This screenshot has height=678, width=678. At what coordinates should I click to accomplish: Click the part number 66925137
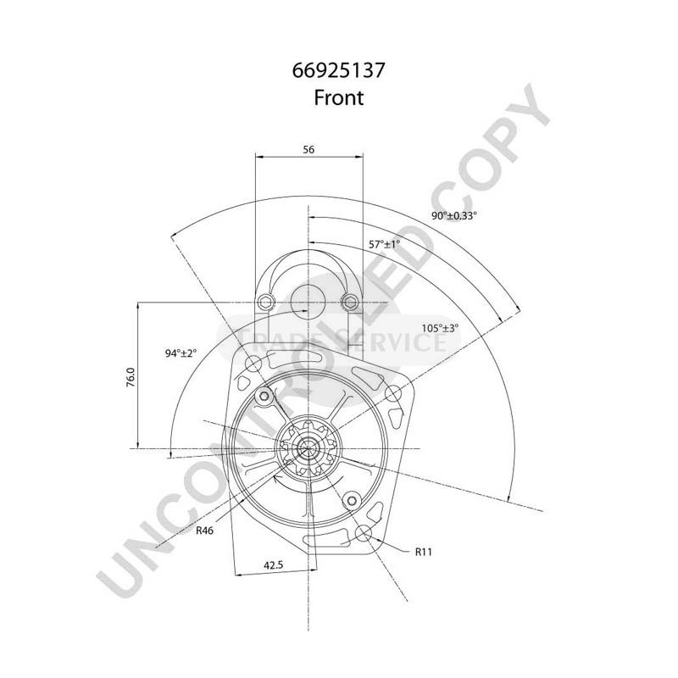pos(339,70)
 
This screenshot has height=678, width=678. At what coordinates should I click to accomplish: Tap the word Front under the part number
pos(339,97)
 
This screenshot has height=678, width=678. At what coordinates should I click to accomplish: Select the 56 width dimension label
pos(308,149)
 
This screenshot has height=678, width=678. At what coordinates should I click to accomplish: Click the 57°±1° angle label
pos(384,244)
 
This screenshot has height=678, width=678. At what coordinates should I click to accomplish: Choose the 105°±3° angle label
pos(440,328)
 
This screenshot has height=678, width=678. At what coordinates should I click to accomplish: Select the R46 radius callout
pos(204,531)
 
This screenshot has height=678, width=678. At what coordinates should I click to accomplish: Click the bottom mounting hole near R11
pos(364,533)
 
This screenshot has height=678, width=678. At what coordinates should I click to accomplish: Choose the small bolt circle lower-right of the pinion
pos(348,499)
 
